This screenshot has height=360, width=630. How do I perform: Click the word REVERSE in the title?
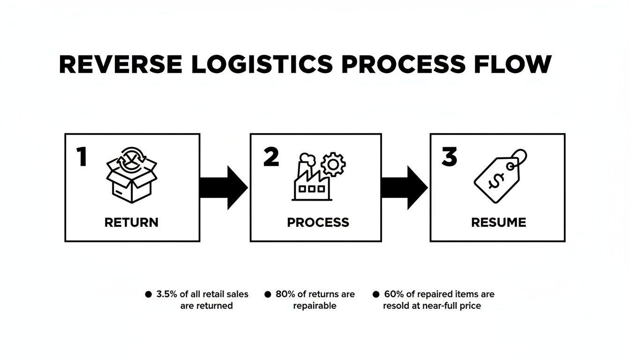point(120,64)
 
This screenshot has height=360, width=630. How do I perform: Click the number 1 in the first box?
point(82,157)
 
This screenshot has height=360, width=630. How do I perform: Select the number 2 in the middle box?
point(271,157)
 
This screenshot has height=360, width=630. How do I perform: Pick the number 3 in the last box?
point(449,157)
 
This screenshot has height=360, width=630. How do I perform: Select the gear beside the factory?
point(333,164)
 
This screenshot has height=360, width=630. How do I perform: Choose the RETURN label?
point(131,222)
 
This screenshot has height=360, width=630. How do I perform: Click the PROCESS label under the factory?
point(318,222)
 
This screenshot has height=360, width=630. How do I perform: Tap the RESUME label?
point(498,222)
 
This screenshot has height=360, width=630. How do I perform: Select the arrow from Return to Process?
point(224,187)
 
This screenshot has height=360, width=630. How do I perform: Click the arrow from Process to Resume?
point(404,187)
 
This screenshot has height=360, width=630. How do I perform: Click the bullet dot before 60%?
point(375,294)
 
